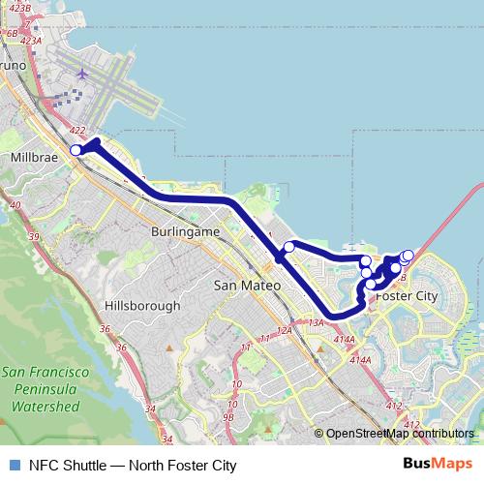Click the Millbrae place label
pyautogui.click(x=35, y=156)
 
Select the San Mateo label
pyautogui.click(x=246, y=286)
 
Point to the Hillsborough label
pyautogui.click(x=141, y=306)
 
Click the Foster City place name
pyautogui.click(x=407, y=295)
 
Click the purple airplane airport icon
pyautogui.click(x=82, y=74)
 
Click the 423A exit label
pyautogui.click(x=30, y=41)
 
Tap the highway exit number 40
pyautogui.click(x=14, y=205)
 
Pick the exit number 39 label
pyautogui.click(x=35, y=237)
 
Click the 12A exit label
pyautogui.click(x=284, y=330)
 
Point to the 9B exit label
pyautogui.click(x=228, y=417)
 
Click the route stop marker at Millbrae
pyautogui.click(x=76, y=149)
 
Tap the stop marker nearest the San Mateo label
pyautogui.click(x=288, y=247)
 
